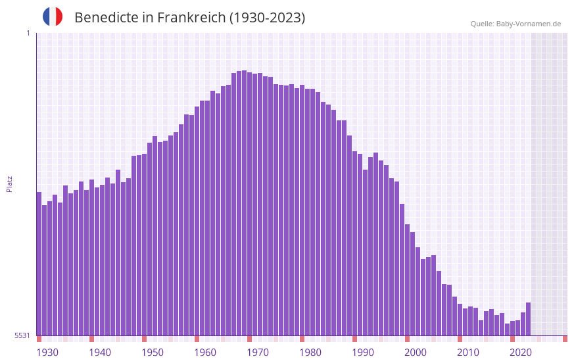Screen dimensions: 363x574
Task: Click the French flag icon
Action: point(53,16)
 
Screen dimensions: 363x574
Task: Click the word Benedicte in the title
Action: point(106,18)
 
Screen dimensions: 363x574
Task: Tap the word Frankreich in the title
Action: point(191,18)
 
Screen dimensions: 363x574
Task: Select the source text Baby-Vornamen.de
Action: point(529,24)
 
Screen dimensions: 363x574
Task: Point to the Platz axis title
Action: point(9,183)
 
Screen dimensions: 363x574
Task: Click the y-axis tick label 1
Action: point(28,33)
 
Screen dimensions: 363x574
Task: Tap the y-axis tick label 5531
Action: point(22,335)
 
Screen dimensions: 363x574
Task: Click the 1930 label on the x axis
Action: point(47,352)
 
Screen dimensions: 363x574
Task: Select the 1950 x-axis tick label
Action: point(153,352)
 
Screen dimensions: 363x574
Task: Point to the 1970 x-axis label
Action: point(258,352)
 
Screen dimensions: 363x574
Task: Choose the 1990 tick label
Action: point(363,352)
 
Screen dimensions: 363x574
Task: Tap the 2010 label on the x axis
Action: point(468,352)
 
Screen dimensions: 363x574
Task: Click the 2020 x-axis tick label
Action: point(521,352)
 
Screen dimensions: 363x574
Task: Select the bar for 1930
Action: point(39,263)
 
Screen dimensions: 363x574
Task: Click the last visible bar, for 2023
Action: point(529,319)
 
